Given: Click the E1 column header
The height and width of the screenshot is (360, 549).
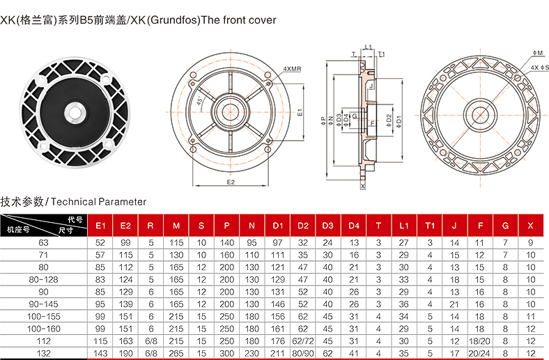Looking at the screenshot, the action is click(x=100, y=226).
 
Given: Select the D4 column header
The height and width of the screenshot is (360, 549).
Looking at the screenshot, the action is click(x=354, y=226).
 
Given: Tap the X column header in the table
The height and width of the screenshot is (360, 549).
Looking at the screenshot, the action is click(x=530, y=226).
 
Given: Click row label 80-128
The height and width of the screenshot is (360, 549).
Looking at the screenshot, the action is click(x=43, y=279).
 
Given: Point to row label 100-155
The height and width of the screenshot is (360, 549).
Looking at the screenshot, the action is click(x=43, y=317).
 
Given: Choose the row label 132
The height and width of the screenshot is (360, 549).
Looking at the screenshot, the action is click(x=43, y=353).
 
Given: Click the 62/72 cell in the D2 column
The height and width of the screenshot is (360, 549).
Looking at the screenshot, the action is click(x=303, y=341).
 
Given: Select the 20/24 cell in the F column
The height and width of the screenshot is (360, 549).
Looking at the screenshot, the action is click(x=479, y=353).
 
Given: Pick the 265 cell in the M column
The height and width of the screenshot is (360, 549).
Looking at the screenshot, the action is click(x=176, y=353).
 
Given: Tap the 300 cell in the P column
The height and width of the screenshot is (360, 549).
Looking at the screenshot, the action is click(x=226, y=353).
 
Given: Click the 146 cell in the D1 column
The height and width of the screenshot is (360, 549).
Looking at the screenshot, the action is click(x=278, y=304).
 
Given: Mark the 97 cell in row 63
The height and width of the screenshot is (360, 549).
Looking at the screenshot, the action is click(x=278, y=243).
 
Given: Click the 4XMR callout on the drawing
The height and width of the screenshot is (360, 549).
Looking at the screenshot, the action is click(x=292, y=69).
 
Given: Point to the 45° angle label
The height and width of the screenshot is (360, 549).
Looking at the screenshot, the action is click(x=199, y=101).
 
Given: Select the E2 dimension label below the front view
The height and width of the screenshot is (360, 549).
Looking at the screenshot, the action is click(x=231, y=182).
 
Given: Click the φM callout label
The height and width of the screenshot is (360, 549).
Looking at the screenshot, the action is click(x=538, y=53).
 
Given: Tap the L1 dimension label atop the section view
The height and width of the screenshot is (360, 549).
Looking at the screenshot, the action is click(x=369, y=47).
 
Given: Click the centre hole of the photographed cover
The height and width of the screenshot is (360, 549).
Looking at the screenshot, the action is click(x=75, y=113).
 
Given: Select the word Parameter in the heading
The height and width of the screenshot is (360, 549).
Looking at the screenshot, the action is click(x=122, y=202).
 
